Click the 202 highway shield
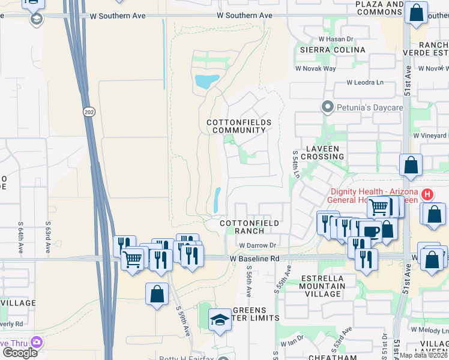[x=88, y=112]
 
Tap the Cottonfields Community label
[x=238, y=126]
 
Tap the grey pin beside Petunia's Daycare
[x=327, y=107]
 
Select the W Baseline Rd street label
[x=256, y=258]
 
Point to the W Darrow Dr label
[x=257, y=245]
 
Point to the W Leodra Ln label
[x=365, y=83]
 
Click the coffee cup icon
[x=371, y=231]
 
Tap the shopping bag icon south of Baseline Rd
[x=157, y=294]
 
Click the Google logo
[x=19, y=352]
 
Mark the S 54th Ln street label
[x=295, y=164]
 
